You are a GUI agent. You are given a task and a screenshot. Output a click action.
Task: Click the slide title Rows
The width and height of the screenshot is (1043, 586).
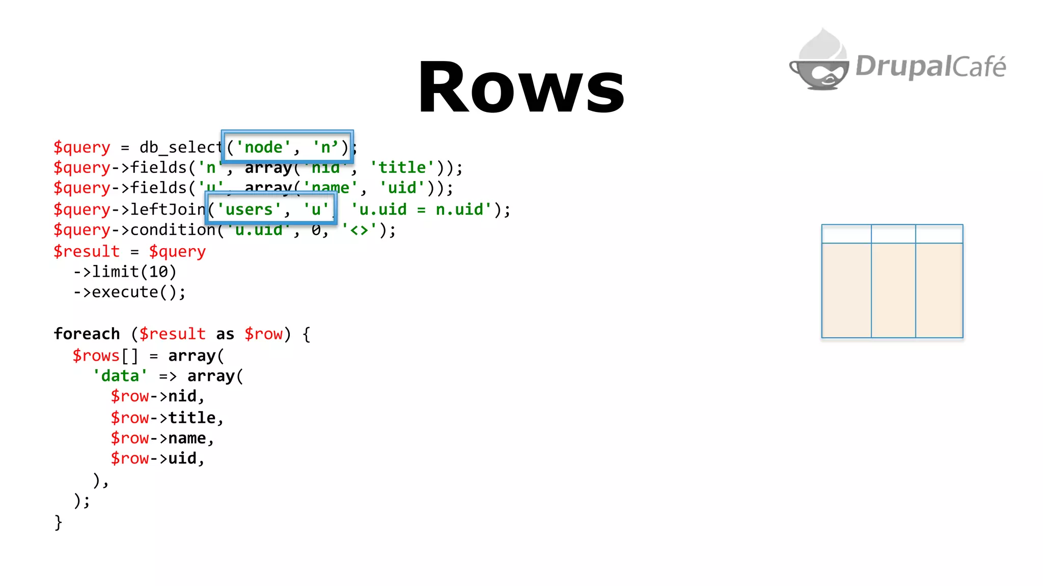(x=521, y=87)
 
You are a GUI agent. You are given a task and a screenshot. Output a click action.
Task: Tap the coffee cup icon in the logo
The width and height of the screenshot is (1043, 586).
(x=820, y=64)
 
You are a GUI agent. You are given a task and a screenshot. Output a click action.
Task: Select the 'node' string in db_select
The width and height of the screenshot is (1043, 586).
(x=263, y=148)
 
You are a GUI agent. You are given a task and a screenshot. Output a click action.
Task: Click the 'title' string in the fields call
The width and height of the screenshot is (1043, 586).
(x=402, y=168)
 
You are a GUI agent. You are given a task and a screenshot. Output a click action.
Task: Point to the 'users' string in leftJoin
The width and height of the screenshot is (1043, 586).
(x=249, y=210)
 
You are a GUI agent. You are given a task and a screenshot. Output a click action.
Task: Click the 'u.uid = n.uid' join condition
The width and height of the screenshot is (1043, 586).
(x=421, y=210)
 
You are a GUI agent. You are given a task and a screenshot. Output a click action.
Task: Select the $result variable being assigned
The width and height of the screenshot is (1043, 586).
(x=87, y=251)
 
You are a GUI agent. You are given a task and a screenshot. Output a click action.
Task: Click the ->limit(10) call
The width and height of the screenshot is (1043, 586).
(x=125, y=272)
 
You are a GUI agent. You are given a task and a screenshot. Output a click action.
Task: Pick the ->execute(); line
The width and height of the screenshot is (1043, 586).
(x=129, y=292)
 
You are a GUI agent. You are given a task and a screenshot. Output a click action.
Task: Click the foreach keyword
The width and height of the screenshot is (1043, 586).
(x=87, y=334)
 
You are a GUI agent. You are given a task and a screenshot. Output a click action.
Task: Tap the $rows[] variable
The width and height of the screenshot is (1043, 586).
(x=105, y=356)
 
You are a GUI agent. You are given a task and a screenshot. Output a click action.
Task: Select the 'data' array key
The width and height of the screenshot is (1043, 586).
(x=120, y=376)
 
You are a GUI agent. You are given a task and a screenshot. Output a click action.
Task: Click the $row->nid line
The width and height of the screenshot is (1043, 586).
(x=157, y=396)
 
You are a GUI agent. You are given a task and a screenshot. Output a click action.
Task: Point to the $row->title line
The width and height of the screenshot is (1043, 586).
(x=167, y=418)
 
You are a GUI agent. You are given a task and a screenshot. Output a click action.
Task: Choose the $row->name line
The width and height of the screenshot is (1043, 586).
(x=162, y=438)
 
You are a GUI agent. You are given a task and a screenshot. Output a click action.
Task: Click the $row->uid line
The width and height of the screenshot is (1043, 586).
(x=157, y=458)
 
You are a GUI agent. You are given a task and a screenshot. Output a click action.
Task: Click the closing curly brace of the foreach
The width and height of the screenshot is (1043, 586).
(x=58, y=522)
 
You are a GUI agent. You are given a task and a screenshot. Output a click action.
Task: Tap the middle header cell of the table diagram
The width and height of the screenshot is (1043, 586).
(x=893, y=234)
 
